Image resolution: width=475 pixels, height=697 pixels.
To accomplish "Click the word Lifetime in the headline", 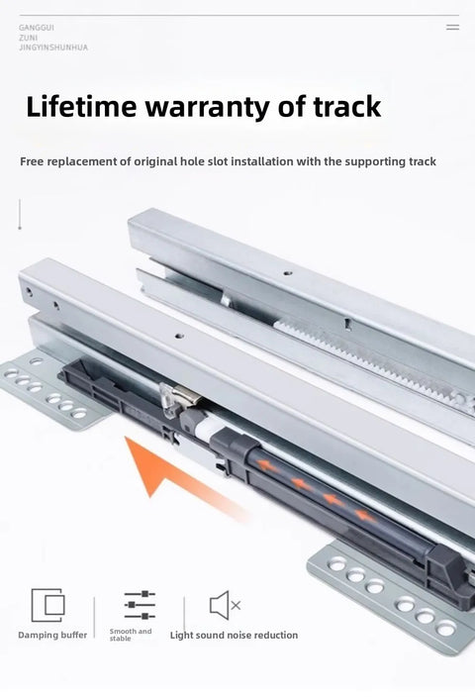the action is (81, 107).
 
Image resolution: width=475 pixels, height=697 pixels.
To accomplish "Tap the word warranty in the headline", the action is (208, 108).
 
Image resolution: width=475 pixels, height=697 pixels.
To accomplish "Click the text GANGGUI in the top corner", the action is (37, 28).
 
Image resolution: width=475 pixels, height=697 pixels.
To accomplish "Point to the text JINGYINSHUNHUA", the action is (53, 48).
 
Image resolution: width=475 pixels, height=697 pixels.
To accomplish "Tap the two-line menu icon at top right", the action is (452, 27).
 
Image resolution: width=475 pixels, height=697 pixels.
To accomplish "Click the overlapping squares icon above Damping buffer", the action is (47, 605).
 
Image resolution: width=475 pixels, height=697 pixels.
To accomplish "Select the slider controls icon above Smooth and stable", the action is (140, 605).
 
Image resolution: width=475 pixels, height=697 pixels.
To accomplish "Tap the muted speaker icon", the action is (225, 605).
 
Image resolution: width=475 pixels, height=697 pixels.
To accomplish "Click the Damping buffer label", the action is (52, 636).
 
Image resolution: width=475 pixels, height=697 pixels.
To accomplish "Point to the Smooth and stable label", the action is (131, 635).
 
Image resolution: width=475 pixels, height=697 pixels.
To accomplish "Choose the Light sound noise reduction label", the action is (234, 636).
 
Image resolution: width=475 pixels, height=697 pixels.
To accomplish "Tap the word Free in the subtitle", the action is (32, 161).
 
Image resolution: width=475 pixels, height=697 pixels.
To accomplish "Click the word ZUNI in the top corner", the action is (29, 38).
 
